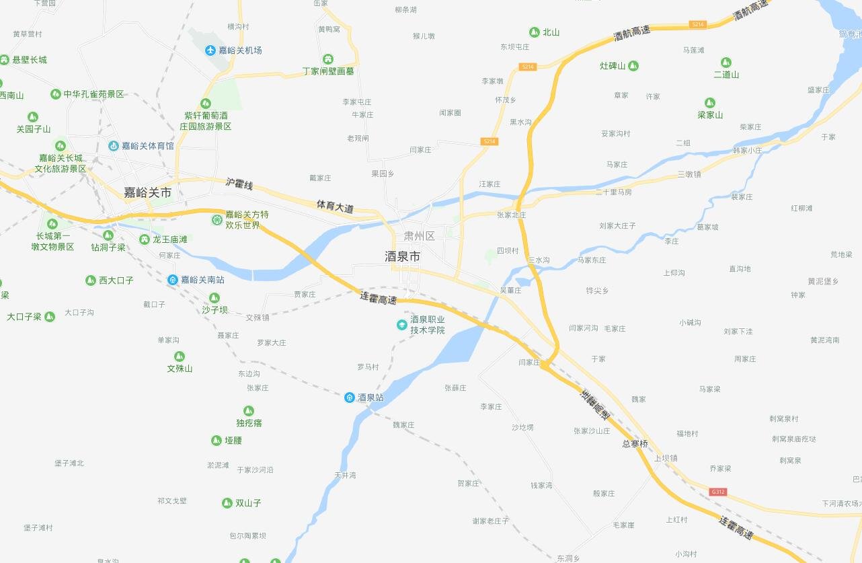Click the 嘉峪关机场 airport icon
tap(210, 50)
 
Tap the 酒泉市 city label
tap(402, 256)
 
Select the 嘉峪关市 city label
tap(147, 192)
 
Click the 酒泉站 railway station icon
tap(350, 398)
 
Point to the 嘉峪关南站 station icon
tap(173, 279)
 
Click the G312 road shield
tap(718, 492)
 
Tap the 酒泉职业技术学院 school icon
tap(402, 325)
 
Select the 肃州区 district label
tap(420, 236)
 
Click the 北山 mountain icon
tap(534, 32)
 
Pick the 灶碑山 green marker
tap(633, 66)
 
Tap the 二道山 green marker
tap(726, 63)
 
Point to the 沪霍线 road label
tap(239, 184)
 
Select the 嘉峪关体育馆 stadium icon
tap(113, 146)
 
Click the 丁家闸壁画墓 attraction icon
tap(328, 59)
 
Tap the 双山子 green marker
tap(227, 503)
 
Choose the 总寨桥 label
tap(635, 444)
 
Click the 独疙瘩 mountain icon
tap(249, 411)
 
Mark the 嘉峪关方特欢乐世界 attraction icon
tap(217, 219)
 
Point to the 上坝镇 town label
tap(666, 458)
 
